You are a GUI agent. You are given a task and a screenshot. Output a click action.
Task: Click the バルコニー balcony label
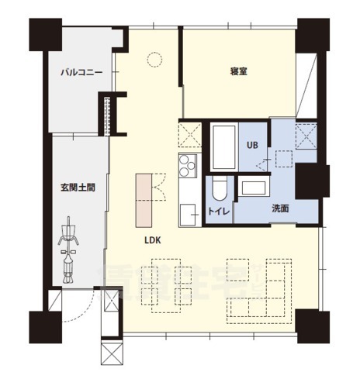pyautogui.click(x=81, y=73)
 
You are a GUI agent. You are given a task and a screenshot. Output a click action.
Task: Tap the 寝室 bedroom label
pyautogui.click(x=238, y=72)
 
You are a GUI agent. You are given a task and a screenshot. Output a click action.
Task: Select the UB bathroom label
pyautogui.click(x=252, y=145)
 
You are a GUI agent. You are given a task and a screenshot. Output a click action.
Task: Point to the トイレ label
pyautogui.click(x=217, y=210)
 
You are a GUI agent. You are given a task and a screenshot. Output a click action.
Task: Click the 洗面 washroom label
pyautogui.click(x=281, y=208)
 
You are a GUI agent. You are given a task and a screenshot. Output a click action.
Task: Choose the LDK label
pyautogui.click(x=152, y=240)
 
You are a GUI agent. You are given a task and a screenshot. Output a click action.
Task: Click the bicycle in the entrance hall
pyautogui.click(x=68, y=248)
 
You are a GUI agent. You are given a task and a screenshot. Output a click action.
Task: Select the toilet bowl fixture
pyautogui.click(x=218, y=188)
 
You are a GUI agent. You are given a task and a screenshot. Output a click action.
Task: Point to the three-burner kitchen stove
pyautogui.click(x=189, y=166)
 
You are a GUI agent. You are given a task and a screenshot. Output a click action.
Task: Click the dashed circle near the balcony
pyautogui.click(x=154, y=59)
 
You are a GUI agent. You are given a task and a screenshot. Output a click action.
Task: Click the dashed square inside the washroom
pyautogui.click(x=279, y=158)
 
